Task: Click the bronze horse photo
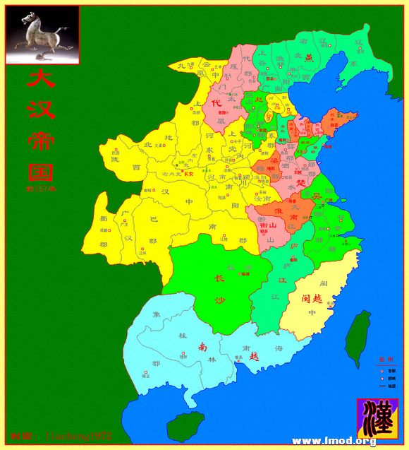(x=42, y=35)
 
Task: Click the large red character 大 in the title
(x=40, y=78)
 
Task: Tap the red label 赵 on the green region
(x=258, y=100)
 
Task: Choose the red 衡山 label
(x=267, y=226)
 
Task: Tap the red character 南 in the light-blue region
(x=202, y=347)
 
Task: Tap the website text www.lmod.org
(x=334, y=442)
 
